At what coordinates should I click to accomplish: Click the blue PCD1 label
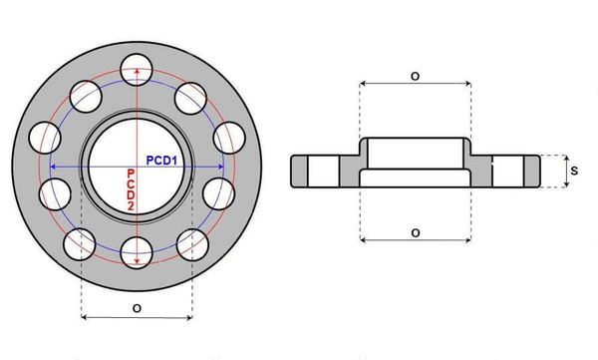[x=162, y=159]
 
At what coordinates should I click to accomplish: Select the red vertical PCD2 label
[x=130, y=188]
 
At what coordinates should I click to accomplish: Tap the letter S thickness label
[x=574, y=171]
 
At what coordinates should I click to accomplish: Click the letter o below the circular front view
[x=135, y=309]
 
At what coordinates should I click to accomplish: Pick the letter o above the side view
[x=414, y=76]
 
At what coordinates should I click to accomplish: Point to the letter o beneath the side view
[x=414, y=231]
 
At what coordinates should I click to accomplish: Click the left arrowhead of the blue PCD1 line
[x=53, y=167]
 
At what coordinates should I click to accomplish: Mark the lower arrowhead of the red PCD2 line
[x=136, y=262]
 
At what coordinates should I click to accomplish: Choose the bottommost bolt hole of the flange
[x=136, y=253]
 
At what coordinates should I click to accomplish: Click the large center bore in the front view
[x=136, y=165]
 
